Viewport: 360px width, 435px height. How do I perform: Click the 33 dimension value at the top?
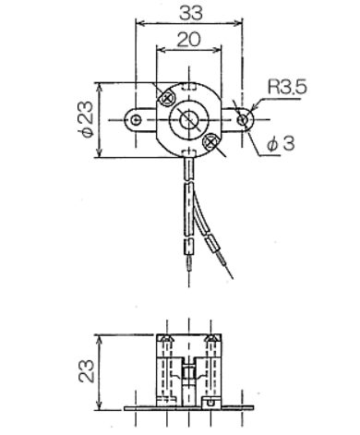point(191,13)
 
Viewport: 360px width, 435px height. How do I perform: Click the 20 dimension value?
point(189,40)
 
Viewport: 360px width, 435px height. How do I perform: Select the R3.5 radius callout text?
point(287,87)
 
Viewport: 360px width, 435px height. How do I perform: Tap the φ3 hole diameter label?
point(281,143)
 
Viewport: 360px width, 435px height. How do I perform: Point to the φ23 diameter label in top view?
point(85,119)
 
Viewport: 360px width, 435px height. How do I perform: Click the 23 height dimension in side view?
point(86,371)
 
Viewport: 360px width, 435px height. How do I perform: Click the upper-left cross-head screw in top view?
point(167,99)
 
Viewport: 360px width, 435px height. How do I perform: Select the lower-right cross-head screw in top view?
point(210,141)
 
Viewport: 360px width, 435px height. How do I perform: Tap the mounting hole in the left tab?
point(136,120)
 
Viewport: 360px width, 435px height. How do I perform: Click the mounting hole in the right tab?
point(243,120)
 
